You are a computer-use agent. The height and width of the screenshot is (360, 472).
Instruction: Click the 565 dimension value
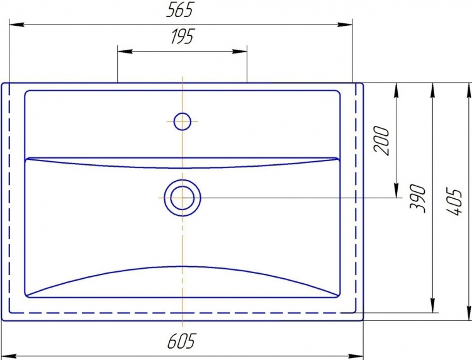pos(179,10)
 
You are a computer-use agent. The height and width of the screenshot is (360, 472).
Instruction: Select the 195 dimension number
pos(183,37)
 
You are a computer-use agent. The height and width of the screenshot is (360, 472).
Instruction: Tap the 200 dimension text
pos(381,141)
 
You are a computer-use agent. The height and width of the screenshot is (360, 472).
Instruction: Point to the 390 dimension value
pos(418,198)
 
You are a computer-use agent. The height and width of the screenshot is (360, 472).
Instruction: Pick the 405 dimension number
pos(453,202)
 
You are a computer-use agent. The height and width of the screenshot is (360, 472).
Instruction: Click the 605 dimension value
pos(181,341)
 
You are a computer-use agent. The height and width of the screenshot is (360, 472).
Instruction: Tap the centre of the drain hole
pos(182,198)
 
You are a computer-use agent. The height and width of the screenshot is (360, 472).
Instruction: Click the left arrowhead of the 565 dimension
pos(16,25)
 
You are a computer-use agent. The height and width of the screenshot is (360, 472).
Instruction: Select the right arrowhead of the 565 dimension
pos(345,25)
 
